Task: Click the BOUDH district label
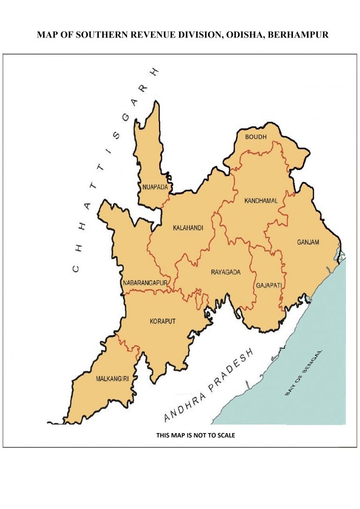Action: [x=256, y=137]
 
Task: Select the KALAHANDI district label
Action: [x=188, y=228]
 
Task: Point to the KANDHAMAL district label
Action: [x=261, y=201]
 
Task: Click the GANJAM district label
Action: [x=307, y=242]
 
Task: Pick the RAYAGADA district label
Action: [x=225, y=272]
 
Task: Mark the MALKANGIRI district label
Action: [x=112, y=378]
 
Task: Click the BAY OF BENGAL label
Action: [x=304, y=373]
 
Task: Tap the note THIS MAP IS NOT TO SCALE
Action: [x=195, y=435]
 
